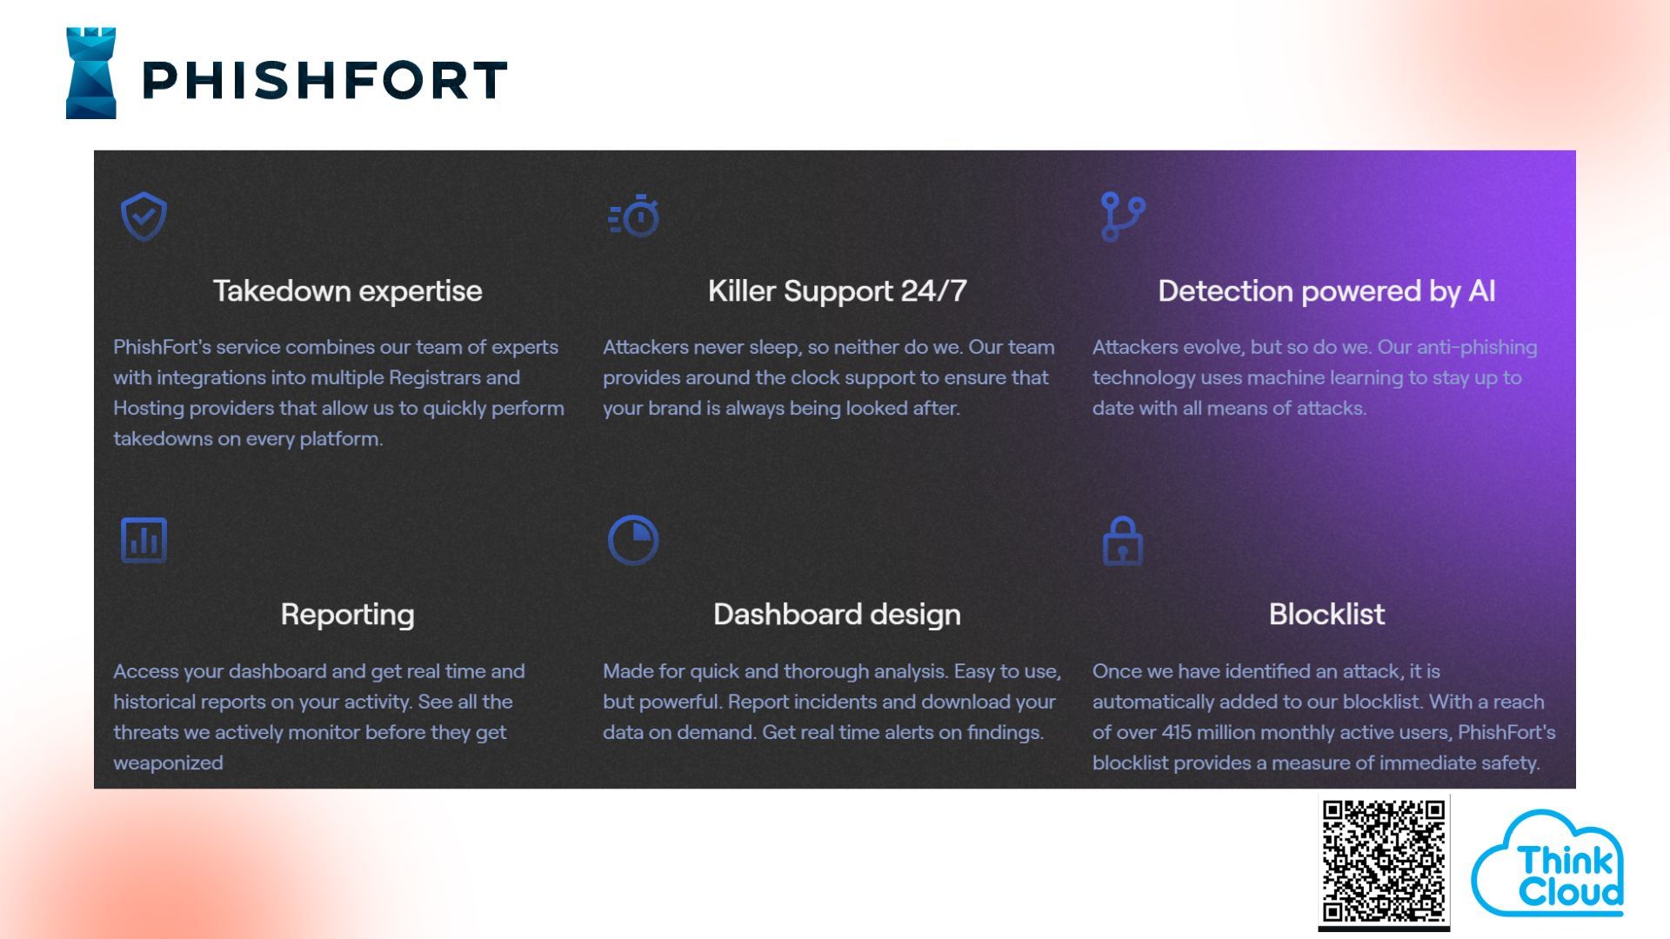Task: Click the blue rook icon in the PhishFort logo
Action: coord(91,73)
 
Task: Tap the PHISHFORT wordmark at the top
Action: coord(324,80)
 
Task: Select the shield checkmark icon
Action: coord(144,216)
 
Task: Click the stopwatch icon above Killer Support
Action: coord(634,216)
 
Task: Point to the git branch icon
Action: coord(1122,216)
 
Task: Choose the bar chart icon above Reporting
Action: coord(144,540)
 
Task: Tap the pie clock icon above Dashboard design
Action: coord(633,540)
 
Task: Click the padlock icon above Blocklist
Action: coord(1123,540)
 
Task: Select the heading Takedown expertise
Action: coord(348,291)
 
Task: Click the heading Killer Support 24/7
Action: coord(838,291)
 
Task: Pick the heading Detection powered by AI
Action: coord(1326,291)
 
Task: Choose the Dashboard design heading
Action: coord(838,615)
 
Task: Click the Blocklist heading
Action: coord(1326,615)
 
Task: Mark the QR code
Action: coord(1384,862)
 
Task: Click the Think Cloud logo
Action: coord(1548,863)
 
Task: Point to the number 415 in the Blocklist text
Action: coord(1177,732)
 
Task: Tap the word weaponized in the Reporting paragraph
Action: coord(168,763)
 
